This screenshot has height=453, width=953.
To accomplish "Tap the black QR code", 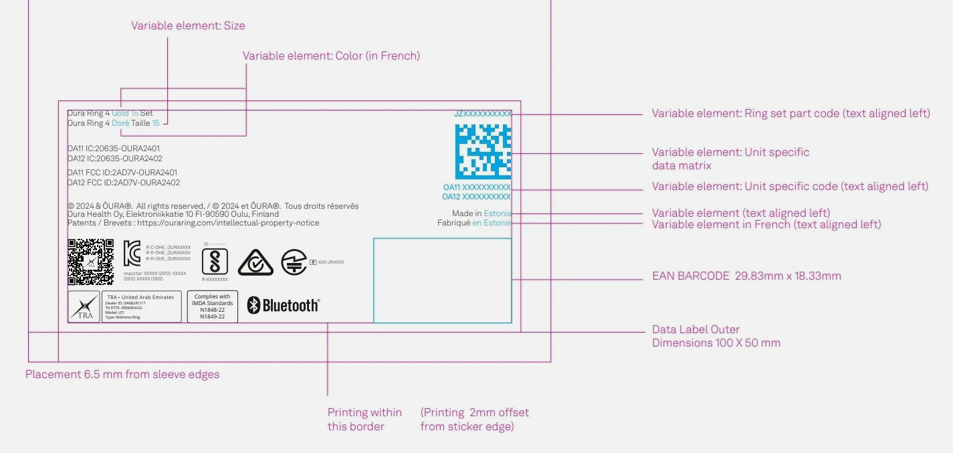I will [x=90, y=262].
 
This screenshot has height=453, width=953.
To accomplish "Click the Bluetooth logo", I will [x=284, y=306].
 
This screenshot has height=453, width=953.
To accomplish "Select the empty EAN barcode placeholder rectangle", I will [x=442, y=280].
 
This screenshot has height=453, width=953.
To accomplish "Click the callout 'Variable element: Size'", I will [x=188, y=26].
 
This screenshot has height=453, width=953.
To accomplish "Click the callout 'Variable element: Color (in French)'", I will [x=331, y=56].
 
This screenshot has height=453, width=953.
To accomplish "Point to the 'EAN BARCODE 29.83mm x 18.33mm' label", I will [x=746, y=276].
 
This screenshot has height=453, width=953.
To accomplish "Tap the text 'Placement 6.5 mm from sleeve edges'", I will [x=122, y=375].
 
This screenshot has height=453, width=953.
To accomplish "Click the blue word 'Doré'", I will [x=120, y=123].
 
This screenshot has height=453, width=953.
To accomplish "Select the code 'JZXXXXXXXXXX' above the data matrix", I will [x=482, y=114].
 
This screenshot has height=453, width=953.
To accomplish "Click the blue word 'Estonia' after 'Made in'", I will [x=497, y=213].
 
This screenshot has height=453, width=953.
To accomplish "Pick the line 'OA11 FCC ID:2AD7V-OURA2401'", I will [x=122, y=173].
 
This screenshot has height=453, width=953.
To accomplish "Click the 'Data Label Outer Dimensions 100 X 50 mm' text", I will [x=716, y=337].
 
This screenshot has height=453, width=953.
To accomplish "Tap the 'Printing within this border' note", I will [x=364, y=420].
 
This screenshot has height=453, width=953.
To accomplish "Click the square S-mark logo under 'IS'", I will [x=215, y=261].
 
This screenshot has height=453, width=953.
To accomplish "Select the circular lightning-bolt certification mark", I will [x=294, y=262].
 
